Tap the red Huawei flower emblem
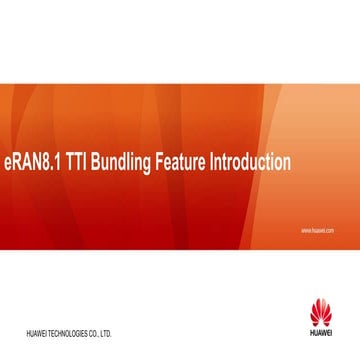point(321,308)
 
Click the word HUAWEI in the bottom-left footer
point(39,331)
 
